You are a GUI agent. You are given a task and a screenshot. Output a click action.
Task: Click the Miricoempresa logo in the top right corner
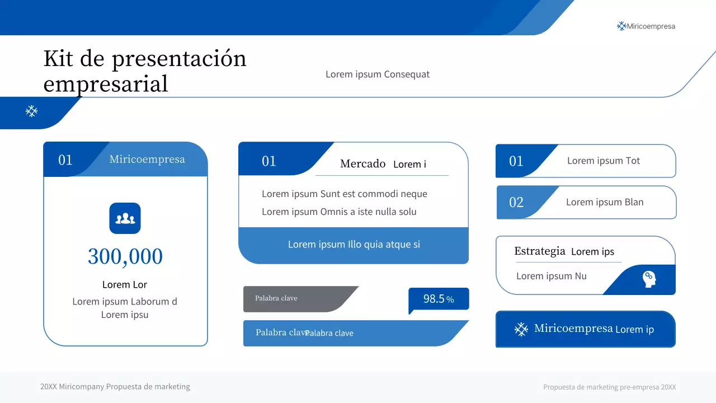click(646, 26)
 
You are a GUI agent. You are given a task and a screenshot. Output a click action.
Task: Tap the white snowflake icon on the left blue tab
click(32, 111)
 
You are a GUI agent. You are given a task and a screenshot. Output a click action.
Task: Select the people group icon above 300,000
click(125, 218)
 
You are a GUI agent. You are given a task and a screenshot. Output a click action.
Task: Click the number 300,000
click(125, 256)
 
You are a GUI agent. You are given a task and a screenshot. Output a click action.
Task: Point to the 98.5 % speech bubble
click(439, 299)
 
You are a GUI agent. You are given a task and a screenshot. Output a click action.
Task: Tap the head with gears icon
click(649, 279)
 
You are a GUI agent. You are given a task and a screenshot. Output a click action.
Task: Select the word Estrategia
click(540, 251)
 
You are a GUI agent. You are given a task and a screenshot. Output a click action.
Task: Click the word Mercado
click(363, 164)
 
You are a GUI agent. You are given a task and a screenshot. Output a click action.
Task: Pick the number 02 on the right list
click(516, 202)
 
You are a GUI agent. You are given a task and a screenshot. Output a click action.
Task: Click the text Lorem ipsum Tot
click(604, 161)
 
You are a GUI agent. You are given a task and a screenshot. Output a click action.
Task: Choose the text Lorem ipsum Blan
click(605, 202)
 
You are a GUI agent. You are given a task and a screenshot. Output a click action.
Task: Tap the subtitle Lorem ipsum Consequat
click(378, 74)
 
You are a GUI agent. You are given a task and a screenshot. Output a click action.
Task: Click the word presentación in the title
click(179, 59)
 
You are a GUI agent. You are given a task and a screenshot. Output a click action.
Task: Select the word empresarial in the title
click(106, 84)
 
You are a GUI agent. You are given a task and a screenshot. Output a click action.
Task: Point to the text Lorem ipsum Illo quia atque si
click(354, 245)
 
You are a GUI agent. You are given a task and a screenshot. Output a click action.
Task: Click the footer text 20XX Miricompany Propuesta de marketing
click(115, 387)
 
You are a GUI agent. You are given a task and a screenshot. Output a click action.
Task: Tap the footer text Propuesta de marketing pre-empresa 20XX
click(610, 387)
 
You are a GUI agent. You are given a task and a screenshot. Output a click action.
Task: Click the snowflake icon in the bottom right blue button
click(521, 329)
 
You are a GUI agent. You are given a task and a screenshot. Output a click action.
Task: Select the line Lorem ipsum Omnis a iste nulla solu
click(339, 212)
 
